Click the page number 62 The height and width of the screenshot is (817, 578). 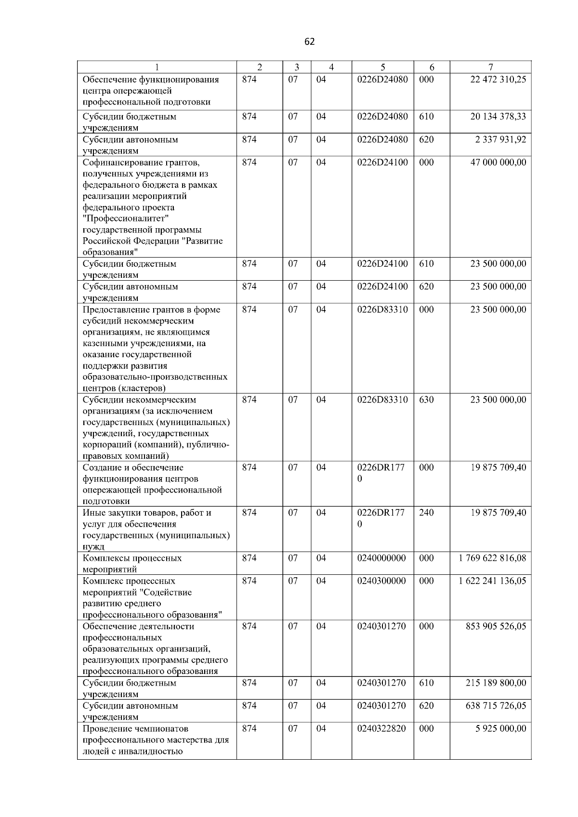[x=310, y=42]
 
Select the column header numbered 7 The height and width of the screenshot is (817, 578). [x=490, y=67]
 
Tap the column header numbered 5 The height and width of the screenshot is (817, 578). [x=382, y=67]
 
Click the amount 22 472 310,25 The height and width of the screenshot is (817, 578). [x=498, y=79]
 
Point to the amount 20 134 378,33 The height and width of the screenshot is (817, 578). [x=498, y=117]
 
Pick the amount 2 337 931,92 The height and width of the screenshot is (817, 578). [x=500, y=140]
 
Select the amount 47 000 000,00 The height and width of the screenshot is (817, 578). [x=498, y=162]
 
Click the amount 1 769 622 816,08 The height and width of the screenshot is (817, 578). [x=492, y=558]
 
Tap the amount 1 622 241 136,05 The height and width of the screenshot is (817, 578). [x=492, y=581]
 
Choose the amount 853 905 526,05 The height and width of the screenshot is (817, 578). [x=496, y=626]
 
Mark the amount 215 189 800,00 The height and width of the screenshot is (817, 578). [x=496, y=683]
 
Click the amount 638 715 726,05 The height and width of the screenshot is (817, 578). [x=496, y=706]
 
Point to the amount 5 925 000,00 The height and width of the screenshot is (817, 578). [x=501, y=728]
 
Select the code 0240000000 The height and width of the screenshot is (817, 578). [x=381, y=558]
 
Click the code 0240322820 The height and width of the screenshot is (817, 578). [x=381, y=728]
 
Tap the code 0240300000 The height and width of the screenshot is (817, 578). [x=381, y=581]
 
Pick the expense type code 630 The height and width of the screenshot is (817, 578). [x=426, y=400]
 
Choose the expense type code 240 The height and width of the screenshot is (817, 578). [x=426, y=513]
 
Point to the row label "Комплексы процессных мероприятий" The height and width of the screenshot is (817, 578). [x=132, y=564]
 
